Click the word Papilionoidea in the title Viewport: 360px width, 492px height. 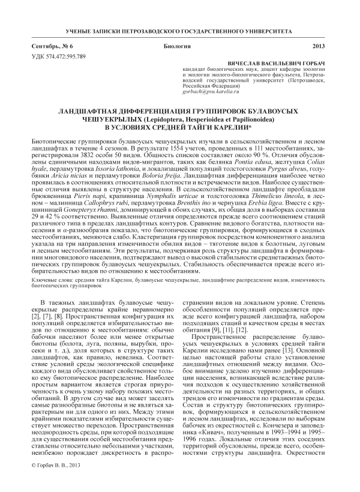247,119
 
